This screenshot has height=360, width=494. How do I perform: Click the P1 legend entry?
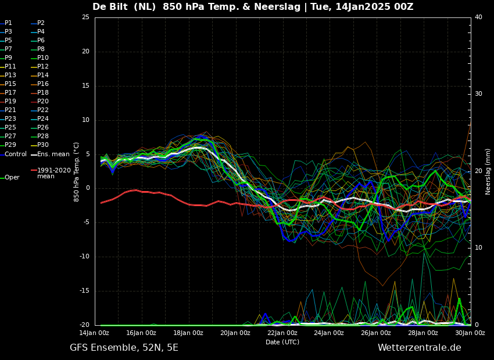click(x=6, y=23)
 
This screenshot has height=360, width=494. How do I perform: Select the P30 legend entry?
click(x=40, y=145)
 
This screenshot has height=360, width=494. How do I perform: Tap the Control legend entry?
click(x=13, y=154)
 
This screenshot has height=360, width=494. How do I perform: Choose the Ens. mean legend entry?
click(x=50, y=154)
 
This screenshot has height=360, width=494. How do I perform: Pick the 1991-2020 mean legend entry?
click(x=51, y=173)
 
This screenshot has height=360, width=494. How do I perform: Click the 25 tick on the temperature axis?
click(x=85, y=17)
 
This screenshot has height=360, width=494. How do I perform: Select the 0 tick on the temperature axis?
click(x=88, y=188)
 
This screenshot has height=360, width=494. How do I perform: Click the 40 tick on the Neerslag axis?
click(x=478, y=17)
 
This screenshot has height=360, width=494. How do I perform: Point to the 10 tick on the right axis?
click(x=478, y=247)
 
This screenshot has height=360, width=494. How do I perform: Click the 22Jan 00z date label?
click(x=282, y=333)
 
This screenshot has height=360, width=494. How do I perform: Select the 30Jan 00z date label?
click(x=470, y=333)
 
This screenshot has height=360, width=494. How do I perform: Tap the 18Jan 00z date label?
click(x=188, y=333)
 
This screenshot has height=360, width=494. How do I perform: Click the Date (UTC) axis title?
click(x=282, y=342)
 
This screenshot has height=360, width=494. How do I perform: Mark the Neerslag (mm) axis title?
click(x=488, y=171)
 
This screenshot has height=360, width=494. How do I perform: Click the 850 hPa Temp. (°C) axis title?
click(x=76, y=172)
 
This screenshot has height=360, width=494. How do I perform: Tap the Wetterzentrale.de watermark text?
click(x=420, y=348)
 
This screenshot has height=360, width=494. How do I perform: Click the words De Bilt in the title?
click(x=110, y=6)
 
